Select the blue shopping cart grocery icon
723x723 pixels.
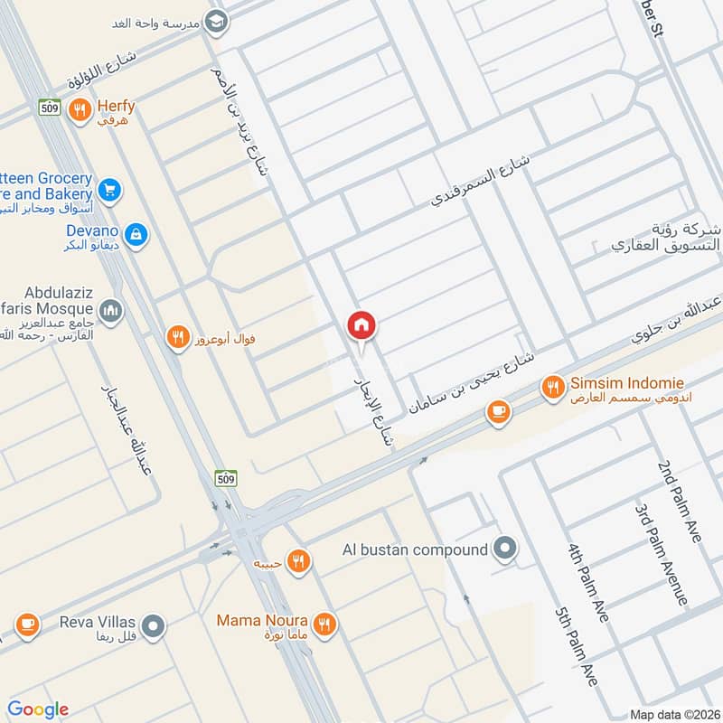tap(110, 190)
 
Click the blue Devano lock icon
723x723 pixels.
tap(136, 235)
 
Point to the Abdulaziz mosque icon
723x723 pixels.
tap(110, 312)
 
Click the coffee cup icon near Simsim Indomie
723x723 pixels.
tap(497, 412)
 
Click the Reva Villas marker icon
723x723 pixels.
tap(155, 624)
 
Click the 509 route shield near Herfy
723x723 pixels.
tap(50, 108)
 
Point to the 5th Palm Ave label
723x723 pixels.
tap(578, 647)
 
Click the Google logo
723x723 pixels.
tap(38, 709)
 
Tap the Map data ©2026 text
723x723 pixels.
tap(673, 714)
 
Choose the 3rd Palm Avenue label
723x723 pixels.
tap(663, 555)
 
